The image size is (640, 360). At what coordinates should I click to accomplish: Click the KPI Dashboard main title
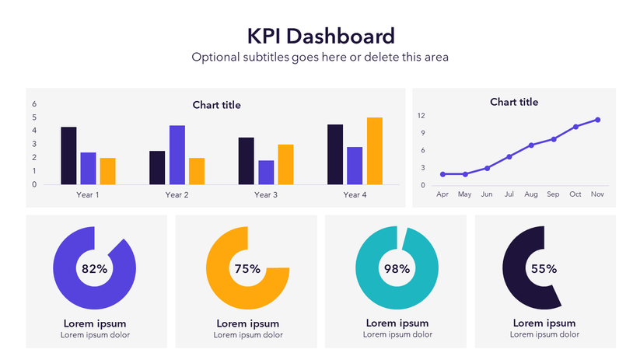(x=320, y=36)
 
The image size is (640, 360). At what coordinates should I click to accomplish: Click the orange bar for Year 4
(x=375, y=151)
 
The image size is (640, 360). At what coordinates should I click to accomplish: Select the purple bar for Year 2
(x=177, y=155)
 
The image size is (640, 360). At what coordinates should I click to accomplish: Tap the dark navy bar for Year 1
(x=68, y=156)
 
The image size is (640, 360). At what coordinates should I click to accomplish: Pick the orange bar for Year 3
(x=285, y=164)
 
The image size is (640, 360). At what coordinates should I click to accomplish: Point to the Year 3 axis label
(x=265, y=195)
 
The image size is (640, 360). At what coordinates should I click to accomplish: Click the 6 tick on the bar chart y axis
(x=34, y=104)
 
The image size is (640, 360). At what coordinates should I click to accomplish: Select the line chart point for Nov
(x=597, y=120)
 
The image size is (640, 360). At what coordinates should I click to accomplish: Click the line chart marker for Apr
(x=442, y=174)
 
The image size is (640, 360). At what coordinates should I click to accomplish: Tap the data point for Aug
(x=531, y=145)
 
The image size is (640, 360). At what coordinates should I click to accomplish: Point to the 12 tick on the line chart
(x=421, y=116)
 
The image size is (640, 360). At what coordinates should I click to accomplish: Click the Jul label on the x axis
(x=509, y=194)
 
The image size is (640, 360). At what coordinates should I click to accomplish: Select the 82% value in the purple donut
(x=94, y=269)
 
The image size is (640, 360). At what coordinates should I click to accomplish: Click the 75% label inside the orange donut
(x=247, y=269)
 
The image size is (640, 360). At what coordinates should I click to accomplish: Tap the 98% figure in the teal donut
(x=397, y=269)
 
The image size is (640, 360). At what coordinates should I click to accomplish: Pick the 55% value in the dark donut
(x=544, y=269)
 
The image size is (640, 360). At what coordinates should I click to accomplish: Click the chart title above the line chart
(x=514, y=102)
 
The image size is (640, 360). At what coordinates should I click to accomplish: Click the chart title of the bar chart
(x=216, y=105)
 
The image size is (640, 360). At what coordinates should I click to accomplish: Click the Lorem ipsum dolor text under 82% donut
(x=95, y=335)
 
